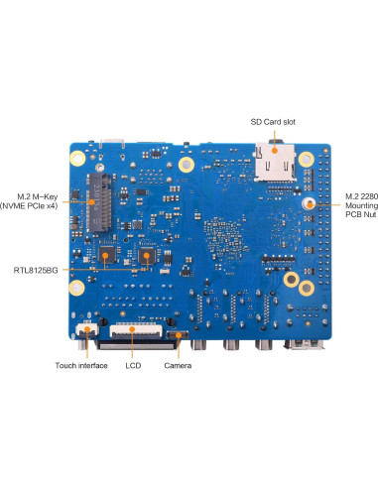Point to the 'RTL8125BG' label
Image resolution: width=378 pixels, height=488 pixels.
[x=36, y=269]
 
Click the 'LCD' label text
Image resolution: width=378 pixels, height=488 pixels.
[x=133, y=366]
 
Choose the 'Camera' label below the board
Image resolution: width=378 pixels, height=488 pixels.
[x=179, y=366]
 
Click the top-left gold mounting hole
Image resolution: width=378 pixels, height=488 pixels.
[x=76, y=158]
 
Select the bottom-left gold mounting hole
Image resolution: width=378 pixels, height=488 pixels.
[x=76, y=290]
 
